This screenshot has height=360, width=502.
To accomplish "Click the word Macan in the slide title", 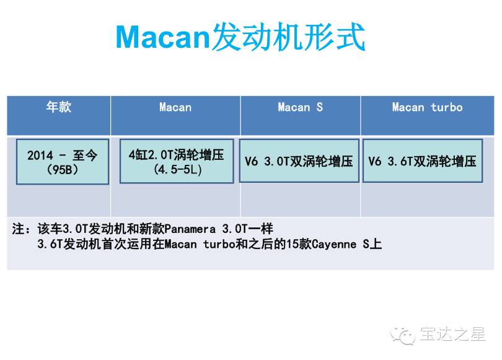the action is click(x=162, y=37).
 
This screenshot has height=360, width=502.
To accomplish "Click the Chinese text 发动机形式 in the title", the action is click(x=288, y=37).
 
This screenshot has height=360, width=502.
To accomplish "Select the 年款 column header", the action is click(x=59, y=107).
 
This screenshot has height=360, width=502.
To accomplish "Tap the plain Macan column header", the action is click(x=175, y=107).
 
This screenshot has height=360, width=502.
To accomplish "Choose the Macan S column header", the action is click(x=301, y=107).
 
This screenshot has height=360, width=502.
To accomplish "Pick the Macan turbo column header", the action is click(x=428, y=107).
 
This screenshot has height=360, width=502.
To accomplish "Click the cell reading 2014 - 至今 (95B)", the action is click(x=63, y=162).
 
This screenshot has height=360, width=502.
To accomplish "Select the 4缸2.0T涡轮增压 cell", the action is click(x=177, y=161).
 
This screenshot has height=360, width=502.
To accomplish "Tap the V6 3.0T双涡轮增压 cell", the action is click(x=299, y=160).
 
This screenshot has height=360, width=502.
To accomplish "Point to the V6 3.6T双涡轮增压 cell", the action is click(x=423, y=160).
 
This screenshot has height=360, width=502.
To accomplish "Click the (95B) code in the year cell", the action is click(x=63, y=169).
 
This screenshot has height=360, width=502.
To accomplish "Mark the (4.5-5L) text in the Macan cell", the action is click(x=178, y=169).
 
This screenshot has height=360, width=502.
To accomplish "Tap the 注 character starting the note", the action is click(x=18, y=229).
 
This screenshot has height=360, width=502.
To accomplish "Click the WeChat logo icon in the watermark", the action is click(x=403, y=335).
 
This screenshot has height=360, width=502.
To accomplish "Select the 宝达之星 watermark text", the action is click(x=452, y=334).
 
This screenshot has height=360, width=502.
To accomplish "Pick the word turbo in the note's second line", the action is click(x=219, y=245).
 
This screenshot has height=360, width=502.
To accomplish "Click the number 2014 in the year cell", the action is click(x=40, y=156).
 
